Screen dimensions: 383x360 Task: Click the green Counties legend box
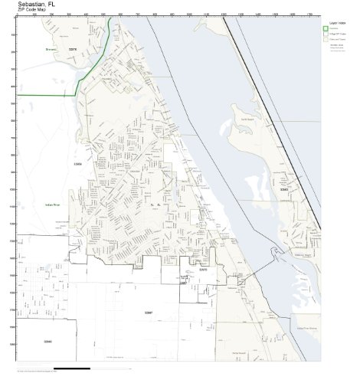[x=326, y=30]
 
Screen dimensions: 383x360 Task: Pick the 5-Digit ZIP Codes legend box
[x=326, y=35]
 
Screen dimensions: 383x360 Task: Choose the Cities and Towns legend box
[x=326, y=41]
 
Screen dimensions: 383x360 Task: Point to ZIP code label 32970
[x=202, y=270]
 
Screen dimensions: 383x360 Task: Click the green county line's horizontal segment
[x=47, y=94]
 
